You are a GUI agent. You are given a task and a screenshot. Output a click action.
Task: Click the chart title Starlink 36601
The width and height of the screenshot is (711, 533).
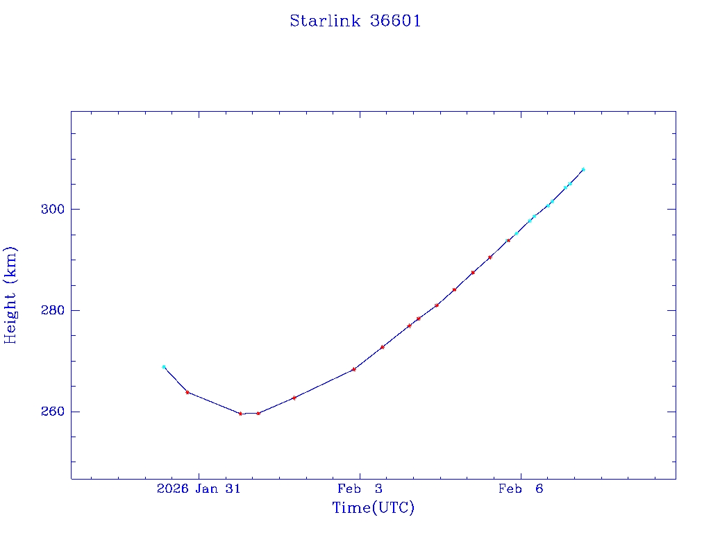[355, 21]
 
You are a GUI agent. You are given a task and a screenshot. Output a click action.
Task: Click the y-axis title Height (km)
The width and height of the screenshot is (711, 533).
[10, 295]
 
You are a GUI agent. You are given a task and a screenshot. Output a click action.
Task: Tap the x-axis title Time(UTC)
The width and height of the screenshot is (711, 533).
[374, 508]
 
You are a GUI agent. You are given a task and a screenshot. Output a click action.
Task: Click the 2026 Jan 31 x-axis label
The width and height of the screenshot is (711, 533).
[199, 489]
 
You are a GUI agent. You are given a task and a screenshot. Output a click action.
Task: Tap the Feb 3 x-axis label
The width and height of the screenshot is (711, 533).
[360, 489]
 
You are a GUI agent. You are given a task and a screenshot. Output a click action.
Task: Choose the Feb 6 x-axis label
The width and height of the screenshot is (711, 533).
[521, 489]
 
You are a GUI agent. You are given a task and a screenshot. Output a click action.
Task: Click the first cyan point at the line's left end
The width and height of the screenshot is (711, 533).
[164, 366]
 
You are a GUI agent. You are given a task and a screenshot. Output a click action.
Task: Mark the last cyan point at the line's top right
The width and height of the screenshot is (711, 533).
[583, 169]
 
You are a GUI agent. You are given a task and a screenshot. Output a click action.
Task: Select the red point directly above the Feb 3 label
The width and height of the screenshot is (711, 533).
[354, 369]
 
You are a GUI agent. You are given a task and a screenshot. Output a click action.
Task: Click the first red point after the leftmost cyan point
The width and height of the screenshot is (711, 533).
[187, 392]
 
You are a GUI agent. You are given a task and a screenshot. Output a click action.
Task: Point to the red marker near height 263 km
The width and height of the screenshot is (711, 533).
[294, 398]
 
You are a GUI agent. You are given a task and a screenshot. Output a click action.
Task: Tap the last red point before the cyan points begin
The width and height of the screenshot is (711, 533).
[508, 240]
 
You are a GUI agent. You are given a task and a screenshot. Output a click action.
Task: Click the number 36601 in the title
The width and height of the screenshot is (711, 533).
[396, 21]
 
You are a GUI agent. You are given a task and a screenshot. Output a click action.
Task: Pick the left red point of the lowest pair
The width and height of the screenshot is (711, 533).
[240, 414]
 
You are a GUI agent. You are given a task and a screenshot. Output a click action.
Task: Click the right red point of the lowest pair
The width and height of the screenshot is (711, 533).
[258, 413]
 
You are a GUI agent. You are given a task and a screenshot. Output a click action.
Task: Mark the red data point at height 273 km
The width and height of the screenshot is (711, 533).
[383, 347]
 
